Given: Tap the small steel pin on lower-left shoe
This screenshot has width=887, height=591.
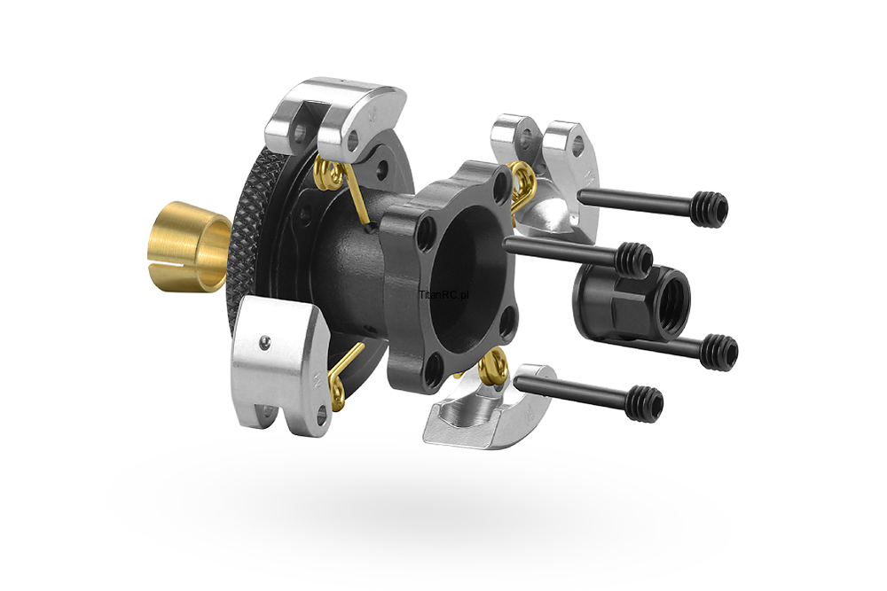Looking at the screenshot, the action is [264, 341].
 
